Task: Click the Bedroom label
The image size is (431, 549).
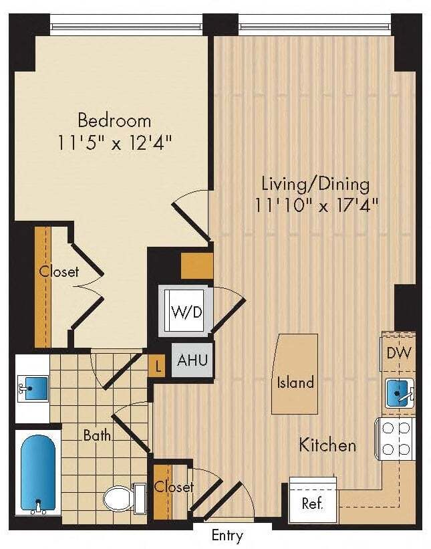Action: point(114,121)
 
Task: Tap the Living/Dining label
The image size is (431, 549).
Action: point(315,183)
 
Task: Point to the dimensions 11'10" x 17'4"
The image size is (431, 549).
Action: point(315,205)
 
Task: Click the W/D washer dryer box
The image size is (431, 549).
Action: point(186,312)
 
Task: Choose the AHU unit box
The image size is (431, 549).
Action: point(192,360)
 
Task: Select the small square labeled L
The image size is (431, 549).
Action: point(157,366)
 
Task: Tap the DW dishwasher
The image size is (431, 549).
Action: point(399,353)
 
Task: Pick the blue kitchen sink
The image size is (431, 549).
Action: point(399,393)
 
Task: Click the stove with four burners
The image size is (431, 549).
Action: point(398,438)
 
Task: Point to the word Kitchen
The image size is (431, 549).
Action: point(327,445)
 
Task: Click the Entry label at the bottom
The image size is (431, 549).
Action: point(227,536)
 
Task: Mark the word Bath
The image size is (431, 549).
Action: point(97,435)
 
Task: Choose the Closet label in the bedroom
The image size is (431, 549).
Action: point(59,272)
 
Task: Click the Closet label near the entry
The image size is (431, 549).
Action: point(174,487)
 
